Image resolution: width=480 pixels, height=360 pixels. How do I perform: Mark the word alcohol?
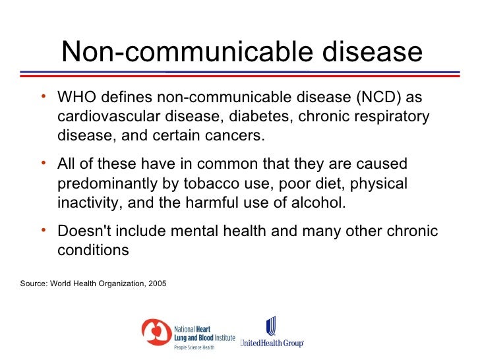(x=318, y=202)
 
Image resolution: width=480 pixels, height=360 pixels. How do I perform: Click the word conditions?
(x=93, y=251)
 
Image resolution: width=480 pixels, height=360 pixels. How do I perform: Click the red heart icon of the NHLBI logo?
(x=156, y=334)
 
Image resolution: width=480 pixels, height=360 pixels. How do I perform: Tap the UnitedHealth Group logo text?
(x=272, y=343)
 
